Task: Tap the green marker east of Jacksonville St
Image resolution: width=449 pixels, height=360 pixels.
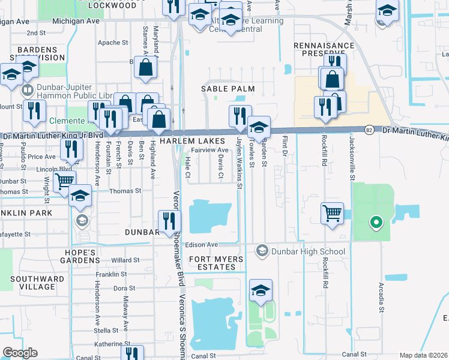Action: [x=376, y=223]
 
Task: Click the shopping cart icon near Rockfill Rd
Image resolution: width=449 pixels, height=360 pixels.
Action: [x=332, y=213]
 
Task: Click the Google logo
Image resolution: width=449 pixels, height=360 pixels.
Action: [x=20, y=352]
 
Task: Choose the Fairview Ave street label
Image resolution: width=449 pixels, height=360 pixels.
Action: [x=209, y=150]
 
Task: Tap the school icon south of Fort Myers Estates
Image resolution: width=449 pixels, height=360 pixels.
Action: [x=261, y=290]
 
